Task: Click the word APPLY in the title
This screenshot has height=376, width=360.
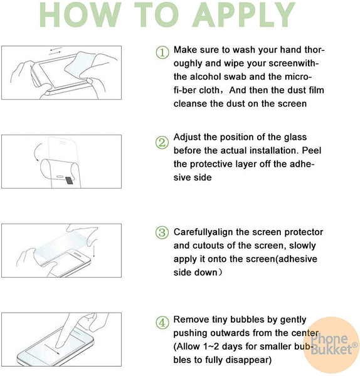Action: coord(243,15)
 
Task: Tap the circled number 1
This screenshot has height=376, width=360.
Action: coord(162,52)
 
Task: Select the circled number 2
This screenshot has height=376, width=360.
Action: coord(162,142)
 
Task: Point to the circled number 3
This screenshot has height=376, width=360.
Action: coord(162,232)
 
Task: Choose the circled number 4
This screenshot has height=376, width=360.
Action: coord(162,323)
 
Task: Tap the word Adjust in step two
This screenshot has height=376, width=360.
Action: coord(187,137)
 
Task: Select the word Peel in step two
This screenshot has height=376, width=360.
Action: coord(312,150)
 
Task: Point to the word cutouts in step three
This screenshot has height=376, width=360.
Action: coord(208,246)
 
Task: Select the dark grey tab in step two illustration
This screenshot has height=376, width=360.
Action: coord(70,180)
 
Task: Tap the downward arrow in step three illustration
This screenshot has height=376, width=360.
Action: coord(93,249)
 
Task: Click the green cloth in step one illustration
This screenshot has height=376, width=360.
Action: coord(78,63)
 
